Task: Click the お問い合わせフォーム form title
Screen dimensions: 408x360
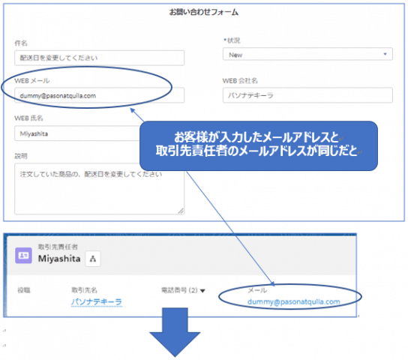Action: [204, 12]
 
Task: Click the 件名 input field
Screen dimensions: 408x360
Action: [100, 58]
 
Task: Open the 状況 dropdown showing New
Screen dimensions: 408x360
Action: [307, 54]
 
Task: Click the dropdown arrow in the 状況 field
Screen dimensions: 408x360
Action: [385, 54]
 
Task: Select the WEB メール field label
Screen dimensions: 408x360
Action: [32, 81]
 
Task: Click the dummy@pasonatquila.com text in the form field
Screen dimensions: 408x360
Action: [58, 96]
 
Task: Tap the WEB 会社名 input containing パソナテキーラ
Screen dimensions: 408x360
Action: [307, 95]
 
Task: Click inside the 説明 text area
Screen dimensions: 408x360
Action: [100, 193]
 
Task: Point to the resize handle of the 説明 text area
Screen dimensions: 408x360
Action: [181, 211]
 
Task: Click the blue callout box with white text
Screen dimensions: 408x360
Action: [259, 145]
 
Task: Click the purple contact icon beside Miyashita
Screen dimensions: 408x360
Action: [23, 256]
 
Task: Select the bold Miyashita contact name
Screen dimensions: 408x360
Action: [59, 259]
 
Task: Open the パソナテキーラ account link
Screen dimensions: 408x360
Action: [97, 301]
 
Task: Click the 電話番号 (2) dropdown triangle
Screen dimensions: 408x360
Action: [202, 290]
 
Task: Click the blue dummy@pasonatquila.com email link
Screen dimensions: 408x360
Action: [294, 301]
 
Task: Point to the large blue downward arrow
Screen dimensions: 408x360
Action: [175, 332]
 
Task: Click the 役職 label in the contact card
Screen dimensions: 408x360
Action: [24, 290]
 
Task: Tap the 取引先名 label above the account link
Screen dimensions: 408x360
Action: [84, 290]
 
